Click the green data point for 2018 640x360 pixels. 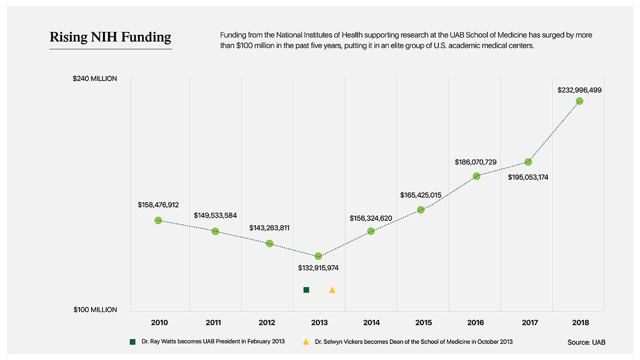tap(579, 101)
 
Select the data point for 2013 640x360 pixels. tap(318, 257)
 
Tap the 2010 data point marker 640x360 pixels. tap(158, 220)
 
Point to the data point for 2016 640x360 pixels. tap(476, 176)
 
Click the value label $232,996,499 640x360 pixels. tap(579, 90)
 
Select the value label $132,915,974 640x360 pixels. tap(318, 268)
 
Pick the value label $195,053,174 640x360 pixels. tap(528, 177)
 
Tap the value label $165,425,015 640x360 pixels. tap(421, 195)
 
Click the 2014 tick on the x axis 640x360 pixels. tap(371, 323)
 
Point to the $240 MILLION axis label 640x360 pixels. tap(95, 79)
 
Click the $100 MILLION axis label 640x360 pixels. tap(95, 310)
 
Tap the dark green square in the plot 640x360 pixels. tap(306, 290)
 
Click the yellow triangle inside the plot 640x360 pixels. tap(332, 290)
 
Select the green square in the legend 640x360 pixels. tap(133, 342)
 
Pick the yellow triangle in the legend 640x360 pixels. tap(306, 342)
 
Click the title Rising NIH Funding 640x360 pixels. tap(110, 37)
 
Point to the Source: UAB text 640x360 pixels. tap(587, 342)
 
